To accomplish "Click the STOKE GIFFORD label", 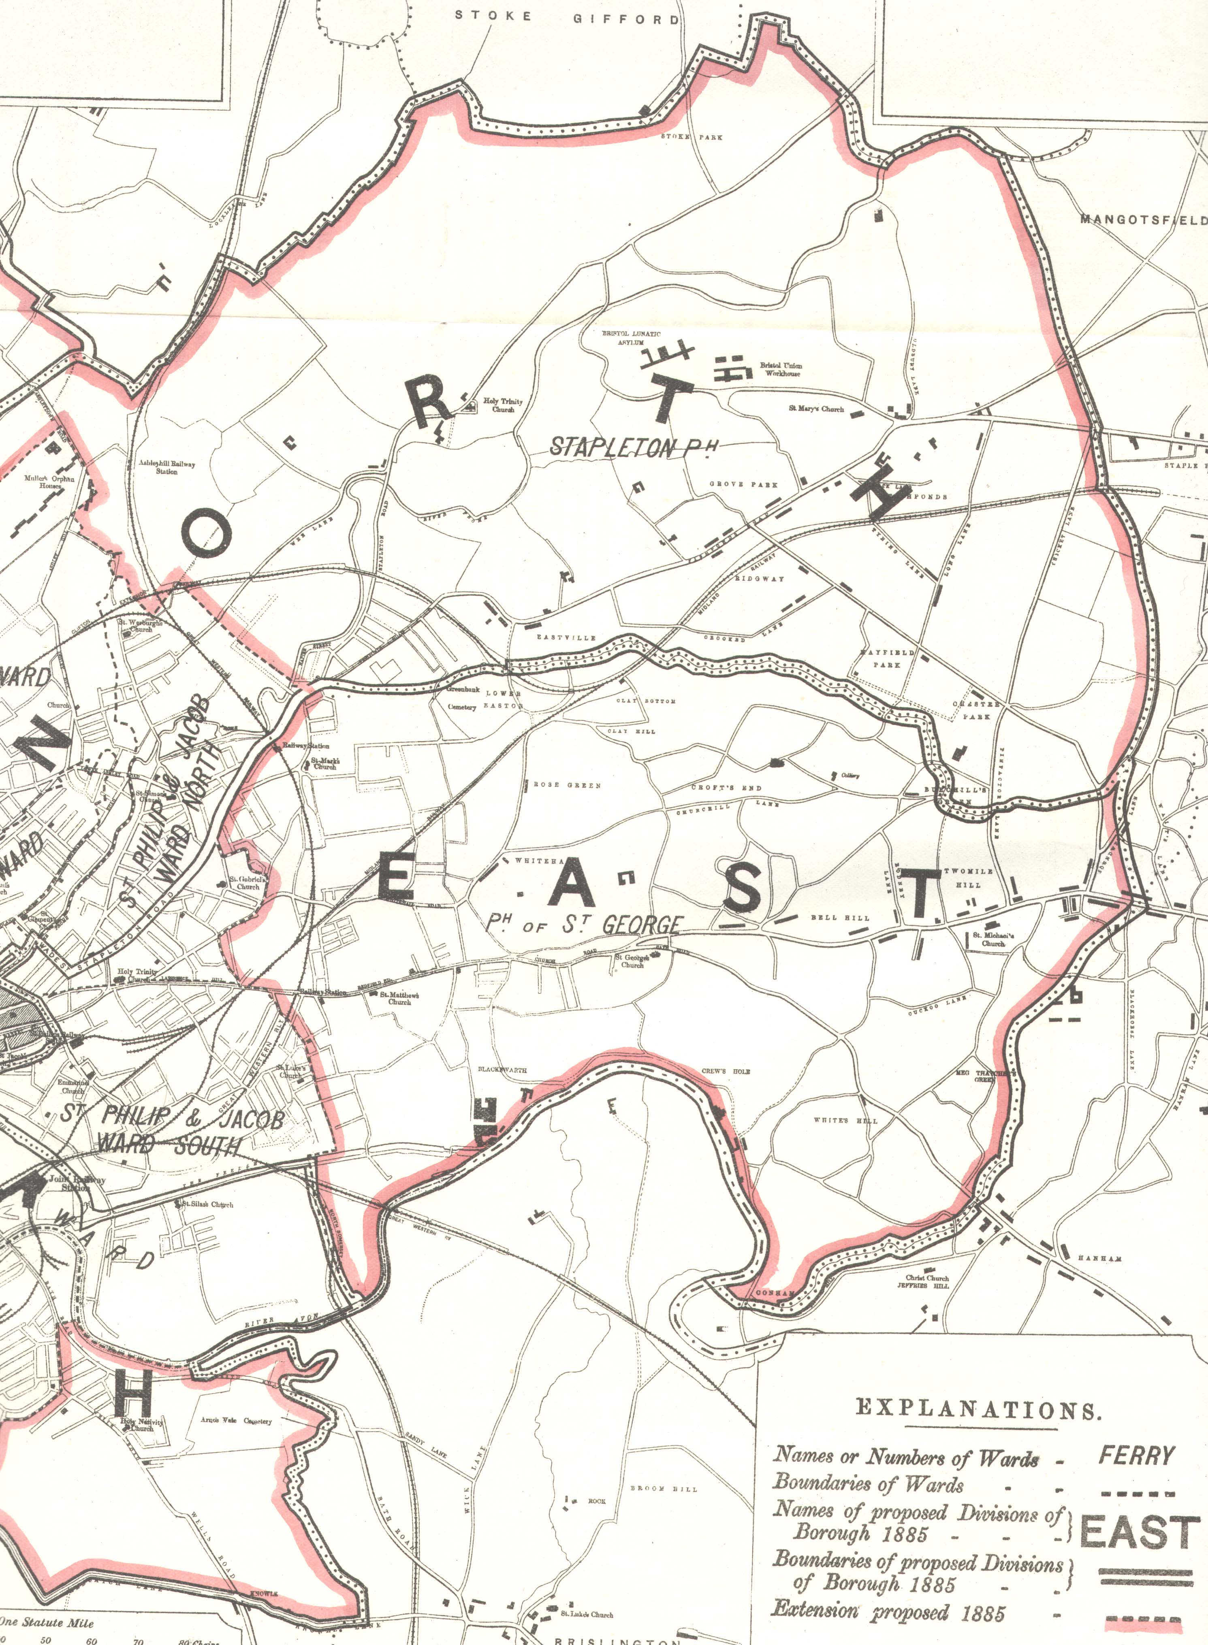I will (567, 17).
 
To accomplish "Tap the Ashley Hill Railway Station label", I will (167, 467).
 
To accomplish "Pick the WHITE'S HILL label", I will (845, 1121).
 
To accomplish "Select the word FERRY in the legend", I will (1135, 1455).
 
